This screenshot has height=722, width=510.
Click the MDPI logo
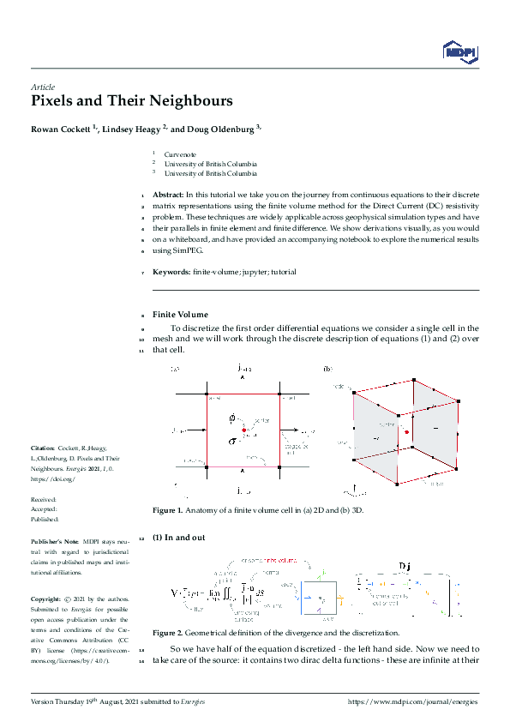(x=460, y=52)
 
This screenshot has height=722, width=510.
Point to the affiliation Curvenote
(x=180, y=154)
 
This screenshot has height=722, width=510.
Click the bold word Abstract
(x=168, y=196)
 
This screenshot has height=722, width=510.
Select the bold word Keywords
(x=171, y=272)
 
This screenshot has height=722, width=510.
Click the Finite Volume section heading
(x=180, y=315)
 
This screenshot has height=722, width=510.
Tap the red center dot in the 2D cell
(x=243, y=429)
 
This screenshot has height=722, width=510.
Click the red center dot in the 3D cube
(x=406, y=432)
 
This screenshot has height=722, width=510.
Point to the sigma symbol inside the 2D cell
(x=231, y=440)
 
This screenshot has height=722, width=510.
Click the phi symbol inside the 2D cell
(x=231, y=418)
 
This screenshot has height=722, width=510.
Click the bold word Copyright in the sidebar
(x=48, y=599)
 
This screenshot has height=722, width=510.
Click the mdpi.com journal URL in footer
(x=412, y=701)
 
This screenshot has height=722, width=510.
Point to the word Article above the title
(x=42, y=87)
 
